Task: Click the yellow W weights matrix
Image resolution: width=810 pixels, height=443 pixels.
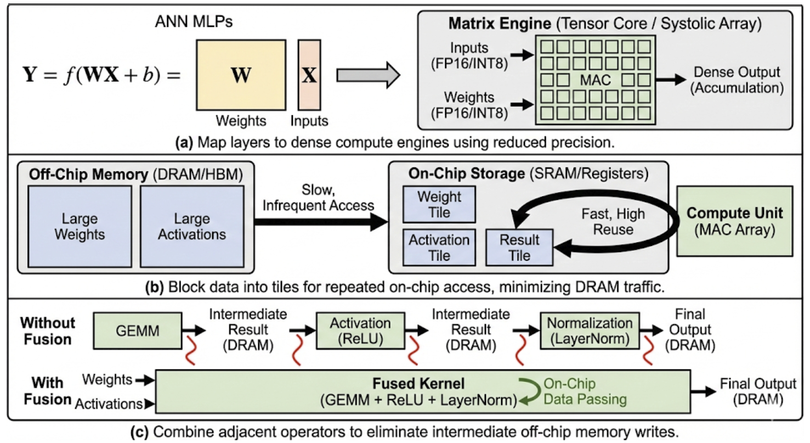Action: coord(240,75)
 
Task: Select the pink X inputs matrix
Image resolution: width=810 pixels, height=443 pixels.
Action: coord(309,75)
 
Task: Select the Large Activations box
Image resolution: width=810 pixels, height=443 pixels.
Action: coord(191,226)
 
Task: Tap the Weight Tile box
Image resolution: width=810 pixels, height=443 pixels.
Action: coord(439,204)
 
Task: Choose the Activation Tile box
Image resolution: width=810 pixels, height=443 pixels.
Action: coord(439,248)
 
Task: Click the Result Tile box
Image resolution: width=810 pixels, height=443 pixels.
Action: coord(519,248)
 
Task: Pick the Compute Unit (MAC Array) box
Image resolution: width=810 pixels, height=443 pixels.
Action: coord(735,221)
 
